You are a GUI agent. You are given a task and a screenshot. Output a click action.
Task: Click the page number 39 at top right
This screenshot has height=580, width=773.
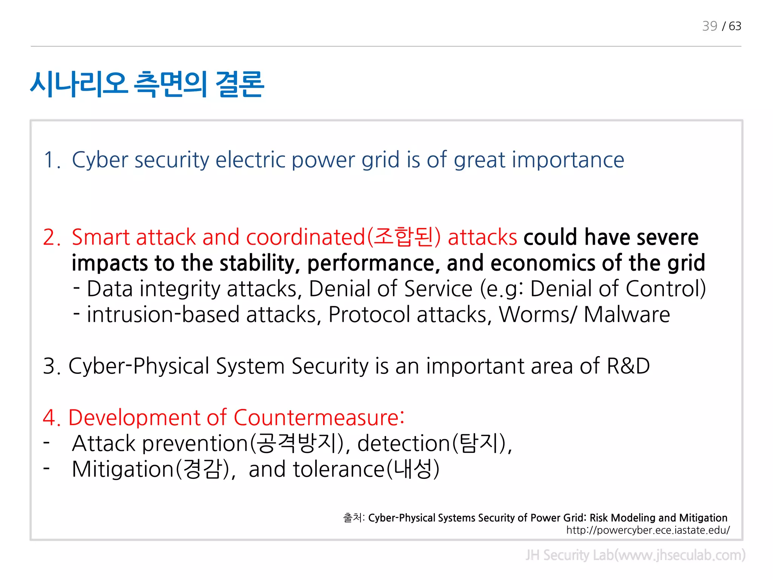709,26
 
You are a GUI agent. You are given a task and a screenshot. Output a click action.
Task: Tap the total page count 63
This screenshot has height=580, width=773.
735,26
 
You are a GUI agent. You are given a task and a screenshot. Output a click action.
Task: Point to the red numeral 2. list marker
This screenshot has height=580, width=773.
52,238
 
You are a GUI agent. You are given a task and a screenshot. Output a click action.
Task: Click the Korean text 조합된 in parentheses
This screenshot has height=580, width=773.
403,237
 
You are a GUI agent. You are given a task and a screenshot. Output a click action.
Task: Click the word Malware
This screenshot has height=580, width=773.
627,315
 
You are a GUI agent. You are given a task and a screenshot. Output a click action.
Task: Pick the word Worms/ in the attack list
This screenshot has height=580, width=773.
537,315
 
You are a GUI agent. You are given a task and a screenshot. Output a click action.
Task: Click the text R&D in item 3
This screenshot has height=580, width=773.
628,366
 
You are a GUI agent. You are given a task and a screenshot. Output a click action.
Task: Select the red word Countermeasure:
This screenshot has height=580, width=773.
319,418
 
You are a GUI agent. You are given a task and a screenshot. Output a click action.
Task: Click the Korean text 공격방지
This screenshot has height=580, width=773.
297,443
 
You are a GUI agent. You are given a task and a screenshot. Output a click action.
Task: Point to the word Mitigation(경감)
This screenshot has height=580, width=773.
151,469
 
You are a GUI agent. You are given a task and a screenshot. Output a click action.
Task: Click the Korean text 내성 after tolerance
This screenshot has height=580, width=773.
413,469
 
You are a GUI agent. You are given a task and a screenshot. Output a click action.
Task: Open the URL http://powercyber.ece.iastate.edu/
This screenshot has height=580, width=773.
648,530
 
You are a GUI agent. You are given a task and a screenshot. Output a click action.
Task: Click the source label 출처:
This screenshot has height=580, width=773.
353,518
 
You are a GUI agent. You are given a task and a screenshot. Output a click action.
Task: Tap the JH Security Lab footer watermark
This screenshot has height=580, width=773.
635,555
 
